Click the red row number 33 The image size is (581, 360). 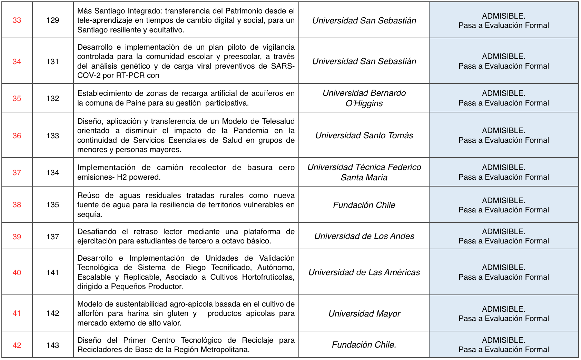click(17, 20)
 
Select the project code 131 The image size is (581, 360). click(52, 62)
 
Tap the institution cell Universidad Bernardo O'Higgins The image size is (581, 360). click(364, 98)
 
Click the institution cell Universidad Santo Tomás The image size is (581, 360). click(364, 136)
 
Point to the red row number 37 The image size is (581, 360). click(17, 173)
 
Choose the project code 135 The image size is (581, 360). click(52, 205)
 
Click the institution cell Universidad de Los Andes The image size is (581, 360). click(364, 236)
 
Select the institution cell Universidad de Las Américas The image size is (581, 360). click(364, 272)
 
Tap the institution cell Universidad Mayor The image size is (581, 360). click(364, 314)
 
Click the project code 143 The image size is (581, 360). click(52, 346)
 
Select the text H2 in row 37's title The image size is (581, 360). click(122, 177)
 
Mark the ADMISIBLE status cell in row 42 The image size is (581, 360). click(503, 345)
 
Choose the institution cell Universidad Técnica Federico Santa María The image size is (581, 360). click(364, 172)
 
